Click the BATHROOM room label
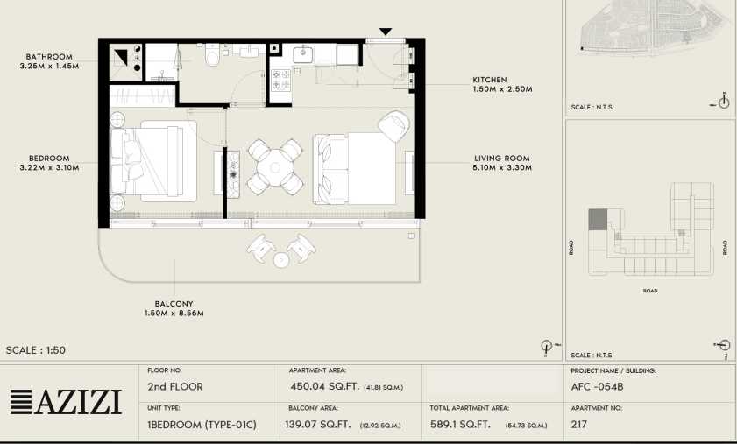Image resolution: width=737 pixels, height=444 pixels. tap(49, 57)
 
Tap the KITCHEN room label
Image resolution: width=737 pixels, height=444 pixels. tap(490, 80)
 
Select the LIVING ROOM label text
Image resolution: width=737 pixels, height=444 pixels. tap(502, 159)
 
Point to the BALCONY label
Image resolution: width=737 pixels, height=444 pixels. tap(174, 304)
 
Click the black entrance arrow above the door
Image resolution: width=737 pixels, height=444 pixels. tap(386, 32)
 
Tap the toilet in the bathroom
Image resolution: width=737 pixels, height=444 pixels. tap(212, 54)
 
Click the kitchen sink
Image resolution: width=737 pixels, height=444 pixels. tap(303, 54)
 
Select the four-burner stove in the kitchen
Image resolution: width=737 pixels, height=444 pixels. tap(281, 80)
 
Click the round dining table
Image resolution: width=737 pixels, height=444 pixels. tap(275, 167)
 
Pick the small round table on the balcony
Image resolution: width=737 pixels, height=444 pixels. tap(281, 260)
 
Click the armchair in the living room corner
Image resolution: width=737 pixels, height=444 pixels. tap(393, 126)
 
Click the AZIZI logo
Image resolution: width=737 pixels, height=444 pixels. tap(66, 402)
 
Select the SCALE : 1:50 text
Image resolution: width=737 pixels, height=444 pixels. tap(36, 350)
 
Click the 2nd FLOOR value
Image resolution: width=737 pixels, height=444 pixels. tap(175, 387)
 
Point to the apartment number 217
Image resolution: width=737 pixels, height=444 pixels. tap(579, 424)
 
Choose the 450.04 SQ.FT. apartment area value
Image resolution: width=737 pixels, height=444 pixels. tap(325, 387)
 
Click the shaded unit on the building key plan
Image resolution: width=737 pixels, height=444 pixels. tap(598, 220)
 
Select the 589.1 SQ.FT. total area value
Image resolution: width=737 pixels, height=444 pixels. tap(460, 424)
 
